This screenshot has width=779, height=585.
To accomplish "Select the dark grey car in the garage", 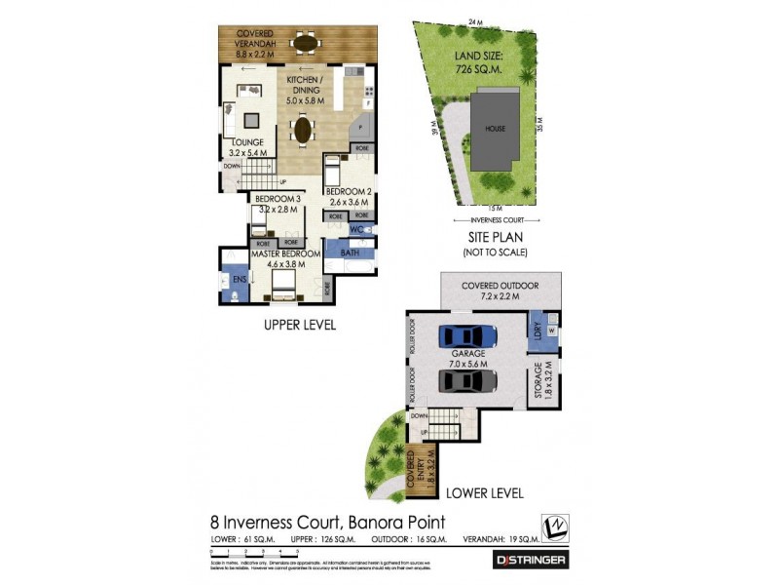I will (468, 380).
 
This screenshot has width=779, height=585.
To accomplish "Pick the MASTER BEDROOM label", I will (286, 258).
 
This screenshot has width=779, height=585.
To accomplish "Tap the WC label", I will (355, 231).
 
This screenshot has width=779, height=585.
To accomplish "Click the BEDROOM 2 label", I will (348, 196).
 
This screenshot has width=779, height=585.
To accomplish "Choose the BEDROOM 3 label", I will (275, 204).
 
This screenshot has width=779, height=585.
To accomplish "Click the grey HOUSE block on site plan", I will (497, 130).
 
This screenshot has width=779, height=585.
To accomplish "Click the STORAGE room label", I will (537, 384).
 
